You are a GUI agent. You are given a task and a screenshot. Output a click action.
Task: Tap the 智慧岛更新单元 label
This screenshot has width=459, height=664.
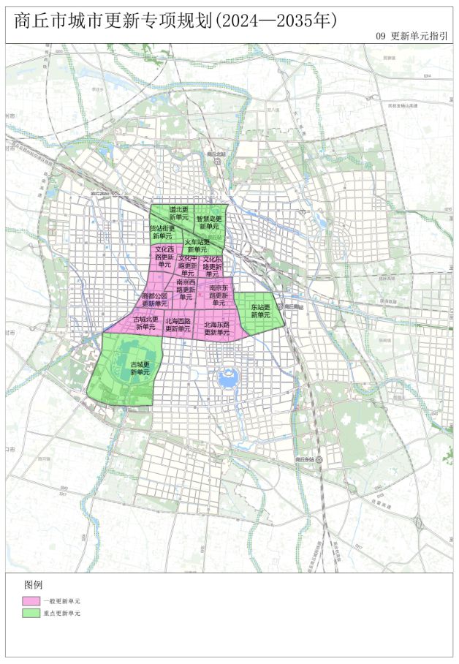pos(209,222)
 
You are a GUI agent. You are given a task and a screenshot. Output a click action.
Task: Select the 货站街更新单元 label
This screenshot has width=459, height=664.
pos(162,232)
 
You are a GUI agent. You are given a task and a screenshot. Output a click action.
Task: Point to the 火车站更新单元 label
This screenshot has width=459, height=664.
pos(197,246)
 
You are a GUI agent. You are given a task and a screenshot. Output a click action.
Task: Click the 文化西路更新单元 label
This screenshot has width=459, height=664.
pos(164,257)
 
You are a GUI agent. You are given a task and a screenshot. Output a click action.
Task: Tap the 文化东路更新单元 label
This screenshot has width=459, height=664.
pos(212,266)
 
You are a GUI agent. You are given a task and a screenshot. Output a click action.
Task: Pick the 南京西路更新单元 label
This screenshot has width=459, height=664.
pos(186,289)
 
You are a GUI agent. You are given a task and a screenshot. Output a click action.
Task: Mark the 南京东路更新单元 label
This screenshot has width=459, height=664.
pos(219,295)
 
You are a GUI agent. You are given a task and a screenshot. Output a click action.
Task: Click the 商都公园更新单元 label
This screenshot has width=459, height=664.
pos(154,300)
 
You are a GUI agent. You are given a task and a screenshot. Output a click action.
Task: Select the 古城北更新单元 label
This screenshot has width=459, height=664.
pos(145,323)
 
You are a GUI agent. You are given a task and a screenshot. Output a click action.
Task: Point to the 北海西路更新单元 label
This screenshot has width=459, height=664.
pos(178,325)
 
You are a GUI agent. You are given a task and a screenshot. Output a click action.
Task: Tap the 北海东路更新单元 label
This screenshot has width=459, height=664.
pos(216,328)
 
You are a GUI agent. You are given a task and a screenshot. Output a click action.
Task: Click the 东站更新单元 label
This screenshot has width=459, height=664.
pos(260,311)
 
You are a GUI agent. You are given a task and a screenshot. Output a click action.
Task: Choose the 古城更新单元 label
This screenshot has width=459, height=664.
pos(140,368)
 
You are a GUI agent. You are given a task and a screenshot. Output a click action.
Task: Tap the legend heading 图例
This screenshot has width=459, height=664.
pos(33,585)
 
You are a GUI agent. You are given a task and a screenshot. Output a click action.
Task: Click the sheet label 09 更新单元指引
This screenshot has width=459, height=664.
pos(411,35)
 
